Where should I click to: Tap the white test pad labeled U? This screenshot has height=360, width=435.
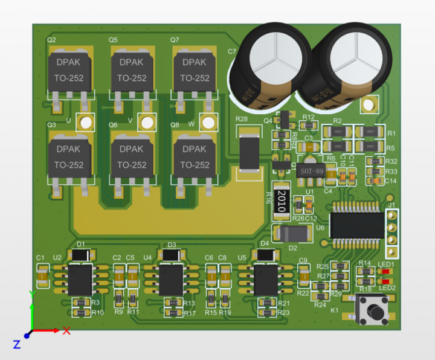85,123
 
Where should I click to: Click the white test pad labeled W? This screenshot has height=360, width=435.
208,123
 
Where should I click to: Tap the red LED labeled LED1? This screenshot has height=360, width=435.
384,271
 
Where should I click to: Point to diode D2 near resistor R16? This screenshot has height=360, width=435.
292,233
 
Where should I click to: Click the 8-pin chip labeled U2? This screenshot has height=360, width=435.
80,280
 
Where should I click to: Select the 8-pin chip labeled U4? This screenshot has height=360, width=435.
173,279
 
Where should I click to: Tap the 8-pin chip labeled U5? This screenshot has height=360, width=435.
265,279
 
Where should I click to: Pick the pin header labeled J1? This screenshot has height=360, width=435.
391,233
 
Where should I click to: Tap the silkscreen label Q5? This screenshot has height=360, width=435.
113,40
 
